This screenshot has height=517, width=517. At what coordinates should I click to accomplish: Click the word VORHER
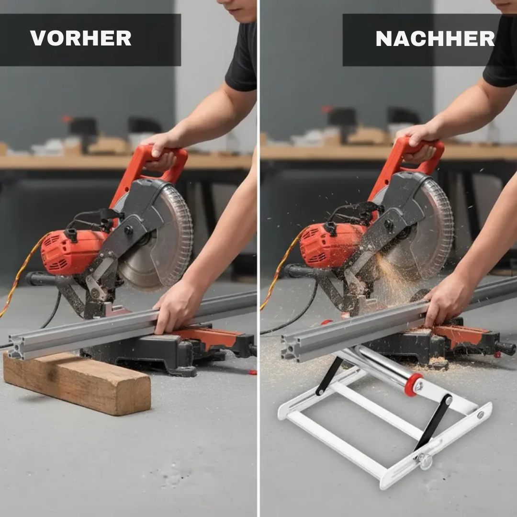pos(80,38)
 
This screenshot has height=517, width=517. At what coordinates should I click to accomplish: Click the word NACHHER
pos(435,39)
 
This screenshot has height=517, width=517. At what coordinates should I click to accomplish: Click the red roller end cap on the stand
pos(413,384)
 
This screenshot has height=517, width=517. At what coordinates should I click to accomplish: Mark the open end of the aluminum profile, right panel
pos(289,348)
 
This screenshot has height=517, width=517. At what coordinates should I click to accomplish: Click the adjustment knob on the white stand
pos(424,460)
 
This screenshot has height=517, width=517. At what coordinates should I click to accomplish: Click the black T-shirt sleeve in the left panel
pos(242,60)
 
